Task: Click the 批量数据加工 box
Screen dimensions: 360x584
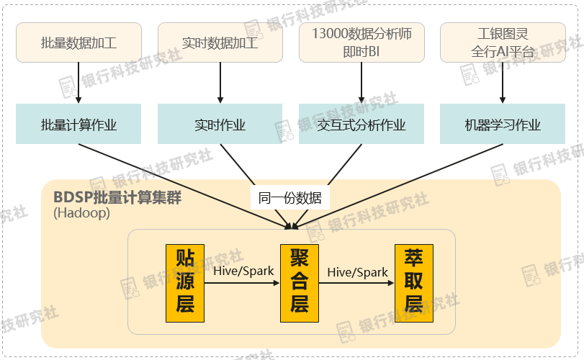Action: pyautogui.click(x=78, y=42)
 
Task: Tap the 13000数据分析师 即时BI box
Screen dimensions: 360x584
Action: pyautogui.click(x=361, y=42)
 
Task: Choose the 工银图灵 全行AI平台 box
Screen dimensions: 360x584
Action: pyautogui.click(x=503, y=42)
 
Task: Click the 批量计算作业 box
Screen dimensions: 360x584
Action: pyautogui.click(x=78, y=125)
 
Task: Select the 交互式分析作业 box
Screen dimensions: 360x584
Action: pyautogui.click(x=361, y=125)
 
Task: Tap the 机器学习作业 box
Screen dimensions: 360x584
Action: pyautogui.click(x=503, y=125)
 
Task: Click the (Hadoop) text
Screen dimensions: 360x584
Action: pyautogui.click(x=81, y=214)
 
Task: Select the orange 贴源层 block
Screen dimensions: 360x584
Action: pyautogui.click(x=185, y=282)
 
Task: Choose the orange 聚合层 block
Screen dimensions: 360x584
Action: pyautogui.click(x=299, y=282)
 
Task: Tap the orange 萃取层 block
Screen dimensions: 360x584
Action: pyautogui.click(x=413, y=282)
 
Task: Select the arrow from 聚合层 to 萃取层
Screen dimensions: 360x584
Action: pyautogui.click(x=356, y=284)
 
